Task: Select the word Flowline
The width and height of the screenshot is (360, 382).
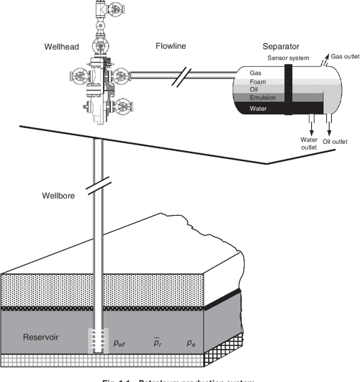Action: [x=170, y=47]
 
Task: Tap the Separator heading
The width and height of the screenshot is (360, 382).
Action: [x=280, y=47]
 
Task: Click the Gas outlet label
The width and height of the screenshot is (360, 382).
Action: [x=345, y=55]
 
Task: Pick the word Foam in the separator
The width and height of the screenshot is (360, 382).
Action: [x=258, y=81]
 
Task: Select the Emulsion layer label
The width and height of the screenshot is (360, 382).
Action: [x=264, y=98]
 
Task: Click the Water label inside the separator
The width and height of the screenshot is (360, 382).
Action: [x=259, y=108]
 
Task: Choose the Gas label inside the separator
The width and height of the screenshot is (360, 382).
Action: [x=256, y=73]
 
